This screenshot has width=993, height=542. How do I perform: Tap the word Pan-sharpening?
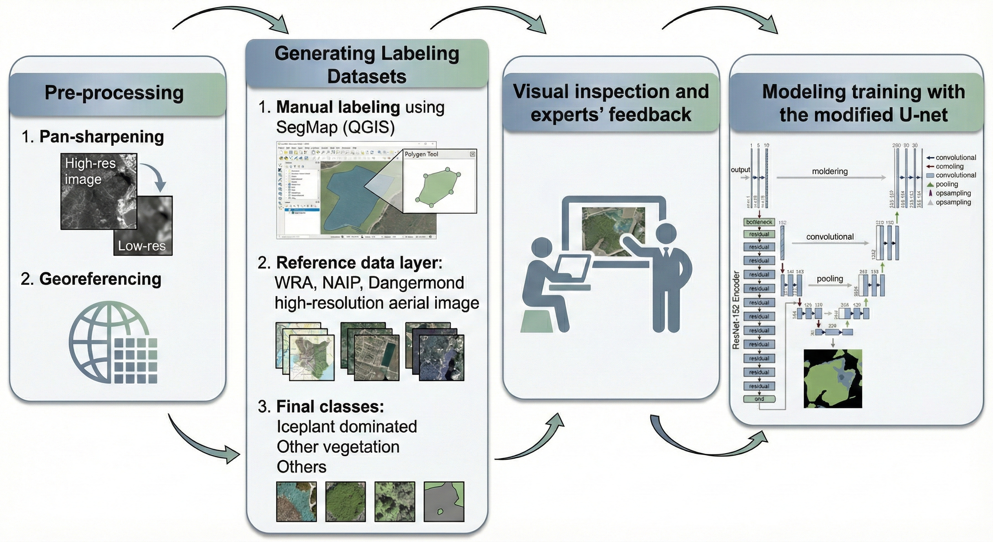pyautogui.click(x=102, y=137)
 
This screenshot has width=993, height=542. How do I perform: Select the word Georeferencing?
pyautogui.click(x=100, y=279)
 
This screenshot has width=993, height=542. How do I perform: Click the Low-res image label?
pyautogui.click(x=141, y=246)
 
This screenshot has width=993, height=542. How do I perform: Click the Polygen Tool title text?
pyautogui.click(x=421, y=154)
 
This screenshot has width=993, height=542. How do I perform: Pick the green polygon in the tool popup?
pyautogui.click(x=438, y=187)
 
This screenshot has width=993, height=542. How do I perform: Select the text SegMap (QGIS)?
pyautogui.click(x=335, y=127)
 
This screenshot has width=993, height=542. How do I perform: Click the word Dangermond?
pyautogui.click(x=416, y=283)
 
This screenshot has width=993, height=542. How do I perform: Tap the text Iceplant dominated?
pyautogui.click(x=347, y=427)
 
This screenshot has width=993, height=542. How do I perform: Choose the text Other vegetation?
pyautogui.click(x=338, y=447)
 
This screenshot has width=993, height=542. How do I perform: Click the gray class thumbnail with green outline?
pyautogui.click(x=444, y=501)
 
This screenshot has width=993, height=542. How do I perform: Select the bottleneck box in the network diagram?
pyautogui.click(x=759, y=222)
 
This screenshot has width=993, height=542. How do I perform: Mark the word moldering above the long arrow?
pyautogui.click(x=829, y=171)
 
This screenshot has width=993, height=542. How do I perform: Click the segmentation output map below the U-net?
pyautogui.click(x=833, y=378)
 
